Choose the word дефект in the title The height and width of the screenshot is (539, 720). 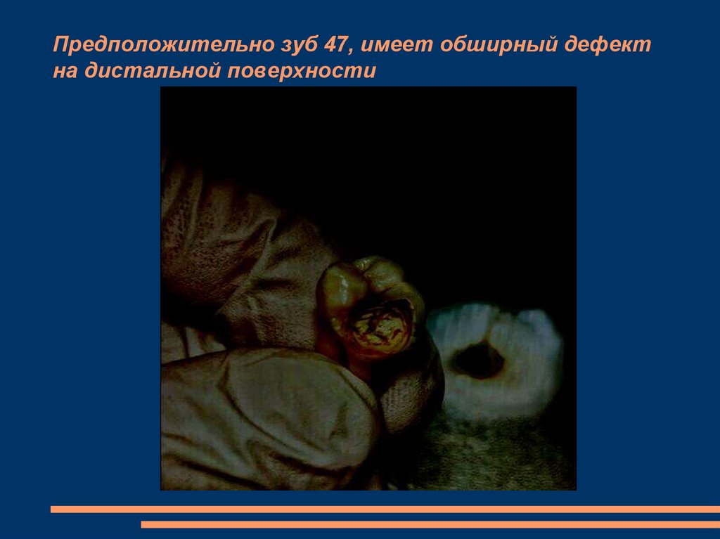[x=609, y=46]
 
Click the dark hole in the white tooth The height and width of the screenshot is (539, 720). [x=478, y=359]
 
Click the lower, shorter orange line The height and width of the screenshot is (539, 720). [x=430, y=524]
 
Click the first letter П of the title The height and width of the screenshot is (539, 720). [x=60, y=46]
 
